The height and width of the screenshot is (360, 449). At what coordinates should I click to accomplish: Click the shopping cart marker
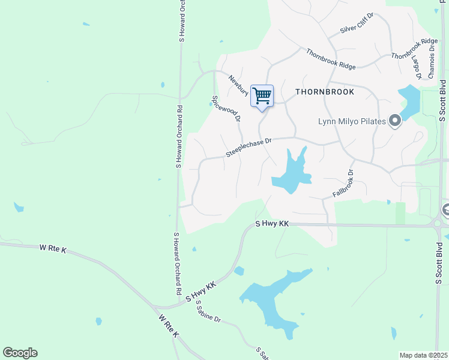pos(262,96)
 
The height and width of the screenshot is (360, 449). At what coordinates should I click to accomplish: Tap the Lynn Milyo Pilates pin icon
pos(395,121)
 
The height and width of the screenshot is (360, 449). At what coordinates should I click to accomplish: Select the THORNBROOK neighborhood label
pos(325,92)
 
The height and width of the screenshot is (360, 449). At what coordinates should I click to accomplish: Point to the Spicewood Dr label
pos(226,108)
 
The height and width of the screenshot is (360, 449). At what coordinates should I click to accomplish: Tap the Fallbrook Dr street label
pos(344,184)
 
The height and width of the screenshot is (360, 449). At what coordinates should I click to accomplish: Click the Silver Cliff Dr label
pos(357,22)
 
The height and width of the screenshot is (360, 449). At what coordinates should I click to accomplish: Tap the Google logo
pos(20,353)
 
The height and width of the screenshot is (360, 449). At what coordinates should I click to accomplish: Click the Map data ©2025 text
pos(423,355)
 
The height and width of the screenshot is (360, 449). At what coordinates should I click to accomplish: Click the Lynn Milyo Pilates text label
pos(351,122)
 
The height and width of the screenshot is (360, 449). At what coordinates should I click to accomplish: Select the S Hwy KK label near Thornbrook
pos(272,223)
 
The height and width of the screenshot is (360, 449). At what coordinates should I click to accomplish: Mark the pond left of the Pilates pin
pos(409,100)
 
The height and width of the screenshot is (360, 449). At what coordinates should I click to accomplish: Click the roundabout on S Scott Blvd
pos(437,223)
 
